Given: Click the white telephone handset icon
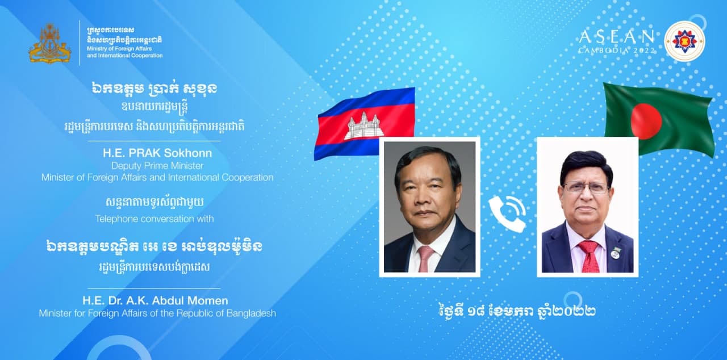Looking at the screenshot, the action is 507,214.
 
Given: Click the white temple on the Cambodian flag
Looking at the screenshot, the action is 362,126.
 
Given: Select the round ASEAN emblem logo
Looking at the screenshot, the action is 684,41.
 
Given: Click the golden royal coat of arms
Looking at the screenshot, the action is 49,43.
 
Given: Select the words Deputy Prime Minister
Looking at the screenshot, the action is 157,166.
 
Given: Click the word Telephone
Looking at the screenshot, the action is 117,219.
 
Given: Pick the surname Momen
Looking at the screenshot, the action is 208,300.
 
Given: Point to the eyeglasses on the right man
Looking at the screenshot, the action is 586,188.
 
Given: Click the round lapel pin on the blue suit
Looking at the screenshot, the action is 615,254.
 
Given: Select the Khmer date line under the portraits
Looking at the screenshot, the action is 517,311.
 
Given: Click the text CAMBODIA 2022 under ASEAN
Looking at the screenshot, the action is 617,51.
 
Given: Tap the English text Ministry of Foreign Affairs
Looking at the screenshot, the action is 119,49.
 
